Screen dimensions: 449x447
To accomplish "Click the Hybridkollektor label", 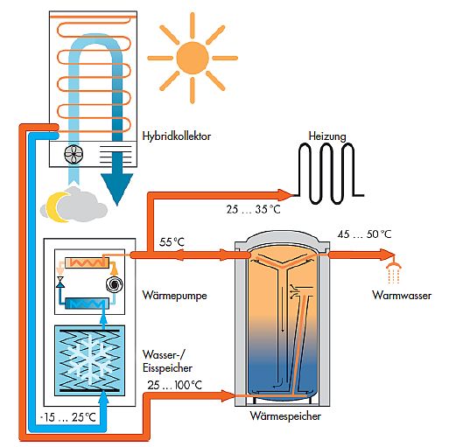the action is (x=177, y=136).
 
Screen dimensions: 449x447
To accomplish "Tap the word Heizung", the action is (x=327, y=136).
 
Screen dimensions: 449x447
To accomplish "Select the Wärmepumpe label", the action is (x=174, y=296).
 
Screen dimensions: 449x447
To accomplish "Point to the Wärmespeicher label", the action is (x=285, y=416).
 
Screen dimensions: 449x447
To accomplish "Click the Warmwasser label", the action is (x=402, y=296).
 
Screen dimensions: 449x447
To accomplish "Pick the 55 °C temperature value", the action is (x=172, y=242).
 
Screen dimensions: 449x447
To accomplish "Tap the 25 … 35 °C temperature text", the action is (x=253, y=209).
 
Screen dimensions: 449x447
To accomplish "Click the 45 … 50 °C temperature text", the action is (x=364, y=234).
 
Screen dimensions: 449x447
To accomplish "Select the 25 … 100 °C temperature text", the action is (x=174, y=385).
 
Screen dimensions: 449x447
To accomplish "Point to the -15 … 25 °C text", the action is (x=67, y=417).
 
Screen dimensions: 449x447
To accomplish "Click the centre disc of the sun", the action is (x=193, y=58).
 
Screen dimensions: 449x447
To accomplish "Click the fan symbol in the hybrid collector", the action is (x=74, y=154).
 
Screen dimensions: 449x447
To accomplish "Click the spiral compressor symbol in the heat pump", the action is (x=114, y=284).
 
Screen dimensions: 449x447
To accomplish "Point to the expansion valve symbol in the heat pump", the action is (x=60, y=282).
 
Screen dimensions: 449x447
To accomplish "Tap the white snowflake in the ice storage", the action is (x=88, y=360).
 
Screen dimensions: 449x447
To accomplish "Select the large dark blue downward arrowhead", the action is (x=117, y=189).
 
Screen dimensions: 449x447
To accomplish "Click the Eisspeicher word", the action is (x=167, y=368).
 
